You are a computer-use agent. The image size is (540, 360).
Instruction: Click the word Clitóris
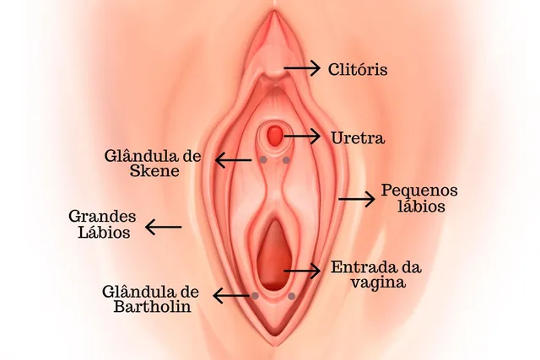point(358,69)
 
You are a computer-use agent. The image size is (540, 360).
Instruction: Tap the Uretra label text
point(358,138)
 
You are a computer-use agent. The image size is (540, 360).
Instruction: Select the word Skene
point(154,171)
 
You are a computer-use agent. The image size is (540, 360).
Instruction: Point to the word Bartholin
point(152,307)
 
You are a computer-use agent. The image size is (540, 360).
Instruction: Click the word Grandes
point(102,217)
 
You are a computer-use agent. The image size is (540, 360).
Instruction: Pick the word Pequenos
point(419,191)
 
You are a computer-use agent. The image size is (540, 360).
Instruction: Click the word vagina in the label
point(377,282)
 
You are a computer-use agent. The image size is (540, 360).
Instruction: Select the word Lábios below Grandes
point(104,232)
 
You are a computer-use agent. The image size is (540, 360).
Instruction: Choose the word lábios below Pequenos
point(422,206)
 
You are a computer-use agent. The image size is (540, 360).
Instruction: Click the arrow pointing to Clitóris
point(302,68)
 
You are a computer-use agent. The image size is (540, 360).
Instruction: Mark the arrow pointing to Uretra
point(302,137)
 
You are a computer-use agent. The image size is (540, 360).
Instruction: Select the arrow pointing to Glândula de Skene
point(233,159)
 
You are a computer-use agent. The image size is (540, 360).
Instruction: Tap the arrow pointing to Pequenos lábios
point(356,199)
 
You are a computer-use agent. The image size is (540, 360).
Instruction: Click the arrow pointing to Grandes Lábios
point(163,227)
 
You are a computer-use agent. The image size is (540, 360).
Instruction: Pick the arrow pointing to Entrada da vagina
point(302,271)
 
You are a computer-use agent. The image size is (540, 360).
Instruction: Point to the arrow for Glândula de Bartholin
point(231,296)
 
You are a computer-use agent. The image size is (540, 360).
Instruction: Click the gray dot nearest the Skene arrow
point(263,159)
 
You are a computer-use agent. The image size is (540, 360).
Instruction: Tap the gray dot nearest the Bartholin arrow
point(255,296)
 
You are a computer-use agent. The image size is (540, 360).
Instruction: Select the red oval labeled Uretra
point(275,135)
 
